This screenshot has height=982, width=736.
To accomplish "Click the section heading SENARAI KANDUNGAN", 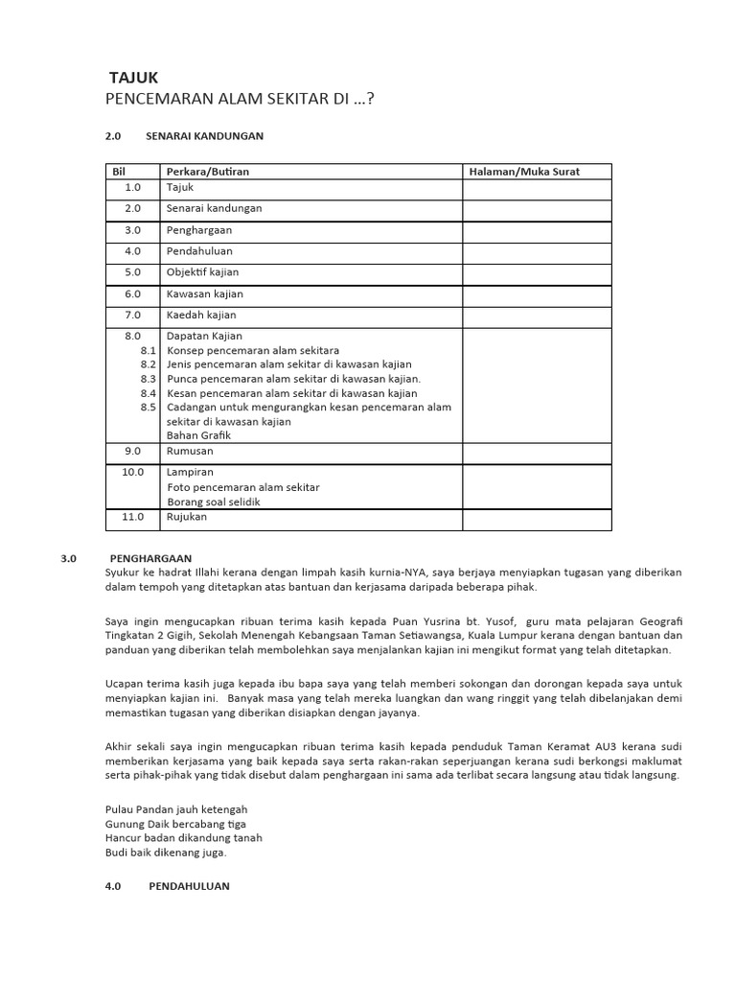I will [x=204, y=136].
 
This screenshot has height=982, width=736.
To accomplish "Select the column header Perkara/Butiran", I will [x=207, y=172].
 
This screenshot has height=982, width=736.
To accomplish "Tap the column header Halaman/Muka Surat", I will [x=524, y=172].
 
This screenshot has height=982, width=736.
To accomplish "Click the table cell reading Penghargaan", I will [x=199, y=230].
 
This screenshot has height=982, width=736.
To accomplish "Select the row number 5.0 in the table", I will [x=132, y=272].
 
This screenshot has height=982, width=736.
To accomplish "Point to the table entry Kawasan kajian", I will [x=205, y=293].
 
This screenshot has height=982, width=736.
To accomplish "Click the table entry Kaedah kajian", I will [x=201, y=315].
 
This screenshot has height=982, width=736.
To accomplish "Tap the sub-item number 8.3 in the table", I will [x=148, y=379].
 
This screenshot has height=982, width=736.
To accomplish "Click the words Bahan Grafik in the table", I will [x=198, y=435].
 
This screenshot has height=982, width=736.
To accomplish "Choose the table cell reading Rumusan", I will [x=190, y=451].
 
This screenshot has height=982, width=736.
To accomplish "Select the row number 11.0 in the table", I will [x=132, y=517].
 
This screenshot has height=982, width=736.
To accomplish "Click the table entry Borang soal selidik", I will [x=214, y=502].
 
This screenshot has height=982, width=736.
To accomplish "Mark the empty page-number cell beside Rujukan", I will [x=537, y=518].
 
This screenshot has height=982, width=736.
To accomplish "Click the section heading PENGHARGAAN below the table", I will [x=151, y=557].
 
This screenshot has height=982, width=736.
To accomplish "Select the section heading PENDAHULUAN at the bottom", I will [x=189, y=886].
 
